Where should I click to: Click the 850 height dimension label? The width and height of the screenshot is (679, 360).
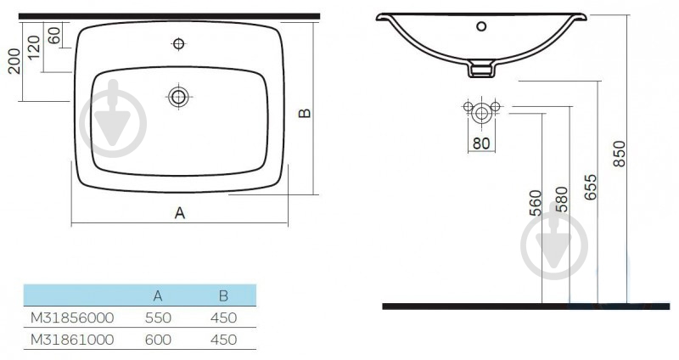pyautogui.click(x=620, y=154)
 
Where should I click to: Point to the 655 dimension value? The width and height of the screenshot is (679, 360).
pyautogui.click(x=590, y=187)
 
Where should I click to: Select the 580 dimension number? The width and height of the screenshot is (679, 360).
pyautogui.click(x=562, y=200)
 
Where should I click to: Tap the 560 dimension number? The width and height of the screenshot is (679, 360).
pyautogui.click(x=536, y=203)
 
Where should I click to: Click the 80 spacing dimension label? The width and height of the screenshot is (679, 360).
pyautogui.click(x=481, y=143)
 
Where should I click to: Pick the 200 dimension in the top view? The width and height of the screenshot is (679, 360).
pyautogui.click(x=14, y=61)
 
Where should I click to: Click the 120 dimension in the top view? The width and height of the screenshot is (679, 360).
pyautogui.click(x=34, y=48)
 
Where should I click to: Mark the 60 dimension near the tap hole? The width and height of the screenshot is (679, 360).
pyautogui.click(x=53, y=36)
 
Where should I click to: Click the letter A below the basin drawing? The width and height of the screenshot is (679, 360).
pyautogui.click(x=180, y=213)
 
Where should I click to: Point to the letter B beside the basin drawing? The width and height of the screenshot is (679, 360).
pyautogui.click(x=305, y=113)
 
